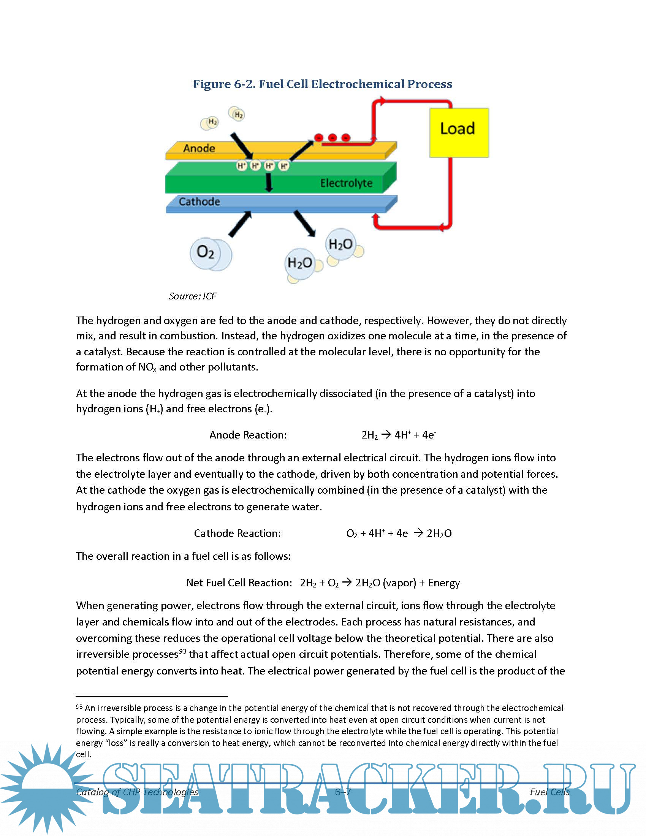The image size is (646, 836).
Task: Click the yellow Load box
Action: pos(459,133)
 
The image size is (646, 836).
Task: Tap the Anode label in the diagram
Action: pos(199,148)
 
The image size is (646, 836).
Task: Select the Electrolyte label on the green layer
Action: pos(346,183)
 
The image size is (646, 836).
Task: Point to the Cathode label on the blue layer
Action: pos(199,201)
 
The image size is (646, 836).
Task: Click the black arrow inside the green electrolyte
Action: pos(269,182)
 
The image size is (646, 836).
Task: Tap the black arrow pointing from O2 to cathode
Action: pos(240,224)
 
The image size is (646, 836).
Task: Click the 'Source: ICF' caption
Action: pos(193,296)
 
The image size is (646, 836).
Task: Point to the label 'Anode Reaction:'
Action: pos(248,435)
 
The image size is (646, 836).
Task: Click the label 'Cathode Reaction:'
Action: pos(237,533)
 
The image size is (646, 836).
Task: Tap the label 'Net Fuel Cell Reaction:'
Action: pos(239,583)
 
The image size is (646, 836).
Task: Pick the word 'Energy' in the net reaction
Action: pos(444,583)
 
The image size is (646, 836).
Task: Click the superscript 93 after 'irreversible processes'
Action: pos(182,651)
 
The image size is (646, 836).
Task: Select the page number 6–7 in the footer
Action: pos(342,792)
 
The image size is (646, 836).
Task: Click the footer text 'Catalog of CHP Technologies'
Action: pos(137,792)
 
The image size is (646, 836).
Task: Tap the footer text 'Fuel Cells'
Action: pos(549,792)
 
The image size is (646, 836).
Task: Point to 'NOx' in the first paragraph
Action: pos(147,367)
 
